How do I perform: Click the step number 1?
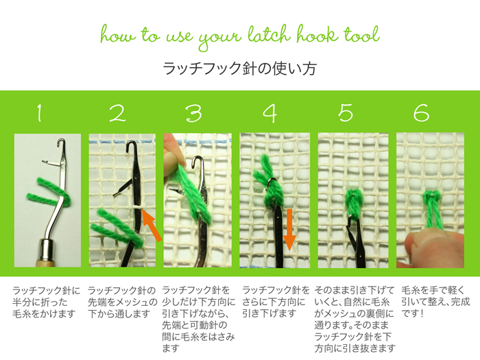point(39,112)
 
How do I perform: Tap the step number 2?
point(117,113)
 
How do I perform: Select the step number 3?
point(194,113)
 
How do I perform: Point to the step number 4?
point(270,113)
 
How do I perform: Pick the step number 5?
point(346,112)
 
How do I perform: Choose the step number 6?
point(421,112)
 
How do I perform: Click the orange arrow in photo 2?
point(152,226)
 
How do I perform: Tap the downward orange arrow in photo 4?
point(289,230)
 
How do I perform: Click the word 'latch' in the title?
point(269,34)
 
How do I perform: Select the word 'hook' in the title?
point(317,34)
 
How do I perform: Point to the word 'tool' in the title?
point(361,34)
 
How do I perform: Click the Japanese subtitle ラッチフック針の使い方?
point(239,69)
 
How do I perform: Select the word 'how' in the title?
point(117,35)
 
